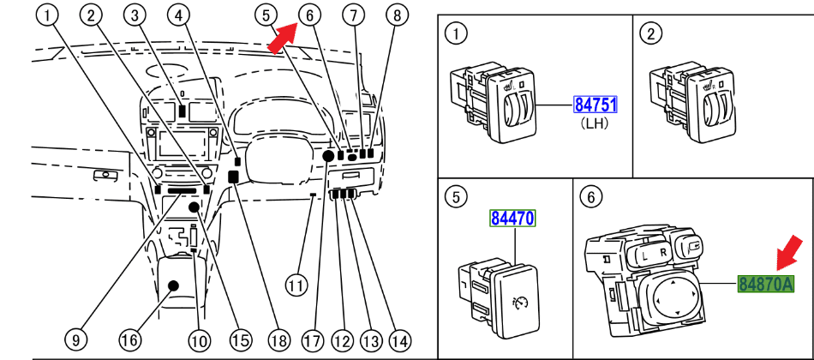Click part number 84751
[x=596, y=105]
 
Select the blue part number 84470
[x=512, y=219]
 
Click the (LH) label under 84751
[x=595, y=124]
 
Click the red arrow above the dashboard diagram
[x=283, y=39]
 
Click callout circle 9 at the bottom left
[x=75, y=339]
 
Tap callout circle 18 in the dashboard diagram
[x=274, y=339]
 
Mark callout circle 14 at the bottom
[x=398, y=339]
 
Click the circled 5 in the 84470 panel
[x=457, y=196]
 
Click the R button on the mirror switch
[x=663, y=254]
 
